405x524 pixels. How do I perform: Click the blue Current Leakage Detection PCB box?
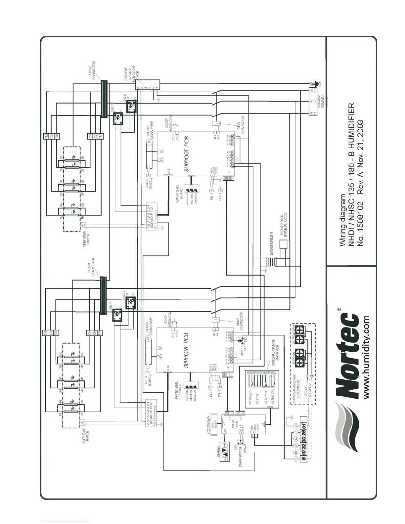pos(148,84)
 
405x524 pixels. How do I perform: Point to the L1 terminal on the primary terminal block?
pos(311,113)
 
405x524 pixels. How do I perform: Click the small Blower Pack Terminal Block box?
pos(284,244)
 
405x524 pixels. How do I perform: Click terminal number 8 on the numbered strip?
pos(303,459)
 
